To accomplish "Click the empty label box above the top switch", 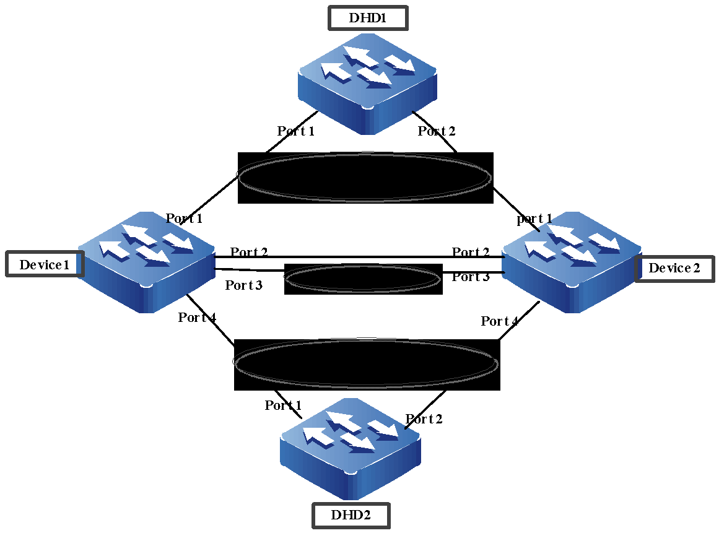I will [x=368, y=18].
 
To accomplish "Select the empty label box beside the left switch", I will [x=45, y=264].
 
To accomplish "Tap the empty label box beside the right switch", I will [x=674, y=269].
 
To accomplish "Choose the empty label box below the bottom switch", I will [x=351, y=516].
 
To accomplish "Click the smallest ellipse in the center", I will [x=362, y=279].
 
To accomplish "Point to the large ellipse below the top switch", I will [x=364, y=177].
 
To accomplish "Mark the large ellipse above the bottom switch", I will [x=365, y=363].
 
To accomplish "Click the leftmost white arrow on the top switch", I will [x=334, y=71].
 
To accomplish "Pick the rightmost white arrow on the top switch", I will [x=401, y=64].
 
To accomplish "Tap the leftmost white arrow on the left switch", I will [x=113, y=249].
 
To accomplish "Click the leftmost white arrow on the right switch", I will [x=538, y=249].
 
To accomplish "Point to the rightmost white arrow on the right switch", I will [x=605, y=242].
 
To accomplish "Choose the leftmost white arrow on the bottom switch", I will [x=318, y=436].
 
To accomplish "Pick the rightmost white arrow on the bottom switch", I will [x=384, y=428].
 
